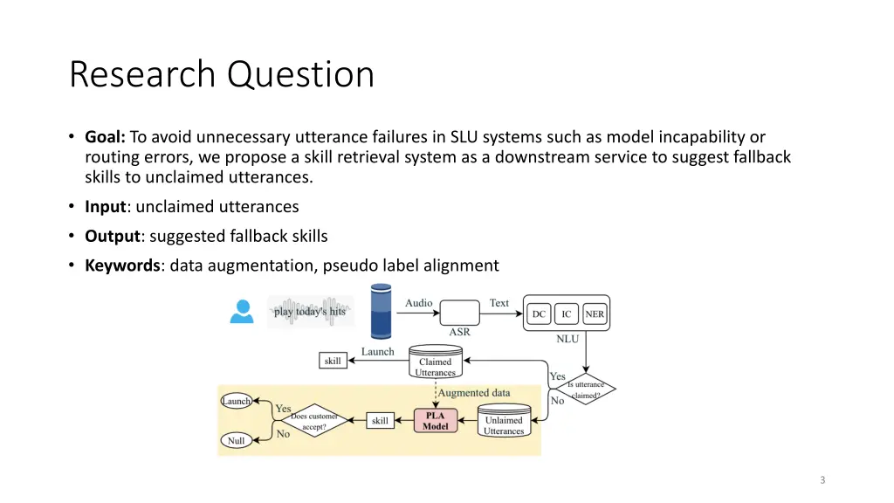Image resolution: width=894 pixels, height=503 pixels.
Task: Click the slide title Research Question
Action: coord(222,74)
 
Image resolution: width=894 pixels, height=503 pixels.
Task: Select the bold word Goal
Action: coord(105,137)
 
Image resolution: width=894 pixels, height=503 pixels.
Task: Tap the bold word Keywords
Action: coord(122,265)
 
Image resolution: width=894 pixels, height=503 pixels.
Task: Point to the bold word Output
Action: coord(111,236)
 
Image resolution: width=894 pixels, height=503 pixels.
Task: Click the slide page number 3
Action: coord(822,479)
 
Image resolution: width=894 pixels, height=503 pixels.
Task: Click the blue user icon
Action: coord(241,311)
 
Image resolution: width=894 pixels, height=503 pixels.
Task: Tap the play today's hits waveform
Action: coord(310,311)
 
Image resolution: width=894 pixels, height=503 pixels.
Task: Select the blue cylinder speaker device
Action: coord(382,312)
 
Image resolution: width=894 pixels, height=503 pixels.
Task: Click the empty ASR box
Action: coord(459,313)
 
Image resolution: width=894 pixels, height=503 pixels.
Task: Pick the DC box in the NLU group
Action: coord(540,314)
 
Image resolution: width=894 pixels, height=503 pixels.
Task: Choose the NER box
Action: coord(595,314)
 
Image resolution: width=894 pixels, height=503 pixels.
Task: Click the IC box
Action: coord(567,314)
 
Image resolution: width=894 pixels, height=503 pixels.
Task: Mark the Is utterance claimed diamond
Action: coord(585,389)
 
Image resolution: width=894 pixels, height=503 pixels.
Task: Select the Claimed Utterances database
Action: coord(435,366)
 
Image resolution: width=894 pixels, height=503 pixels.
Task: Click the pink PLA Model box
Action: coord(436,421)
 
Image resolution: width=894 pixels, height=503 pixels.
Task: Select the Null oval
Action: coord(237,441)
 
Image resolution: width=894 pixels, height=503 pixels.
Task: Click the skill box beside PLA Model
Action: coord(380,421)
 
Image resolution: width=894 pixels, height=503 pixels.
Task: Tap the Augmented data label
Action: coord(474,393)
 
